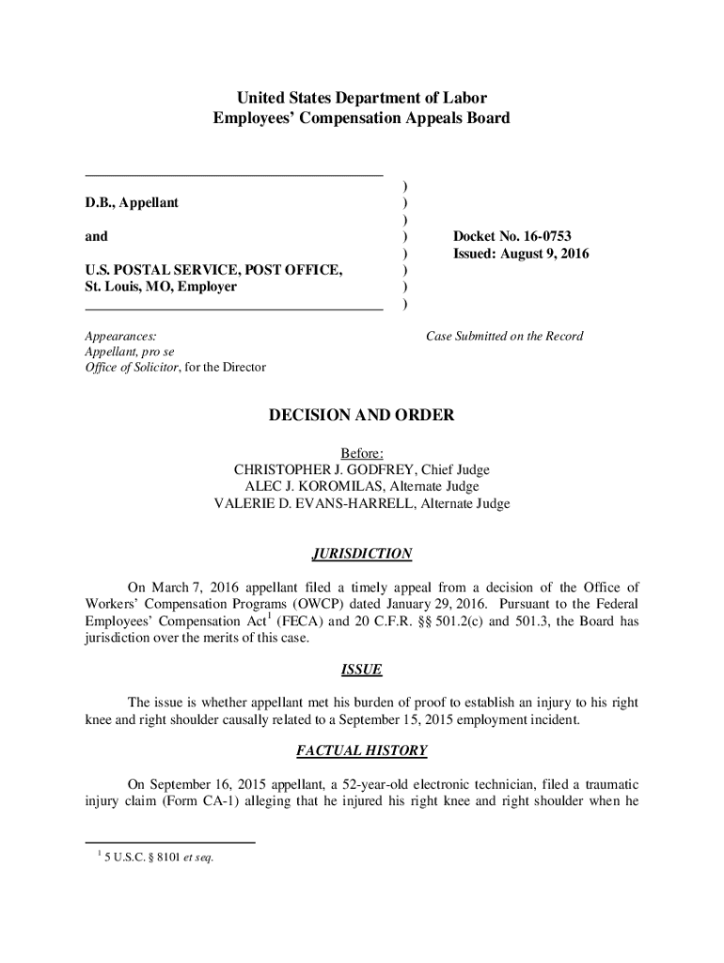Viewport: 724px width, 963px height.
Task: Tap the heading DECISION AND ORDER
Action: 362,415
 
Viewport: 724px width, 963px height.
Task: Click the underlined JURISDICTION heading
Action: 362,554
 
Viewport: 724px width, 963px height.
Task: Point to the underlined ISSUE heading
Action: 362,670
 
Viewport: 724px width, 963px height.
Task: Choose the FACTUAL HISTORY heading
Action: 362,750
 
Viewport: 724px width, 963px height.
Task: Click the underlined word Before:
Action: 362,452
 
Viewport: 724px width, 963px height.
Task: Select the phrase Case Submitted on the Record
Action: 505,336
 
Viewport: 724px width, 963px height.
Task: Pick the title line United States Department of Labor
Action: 362,98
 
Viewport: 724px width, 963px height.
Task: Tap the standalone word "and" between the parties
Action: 96,236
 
